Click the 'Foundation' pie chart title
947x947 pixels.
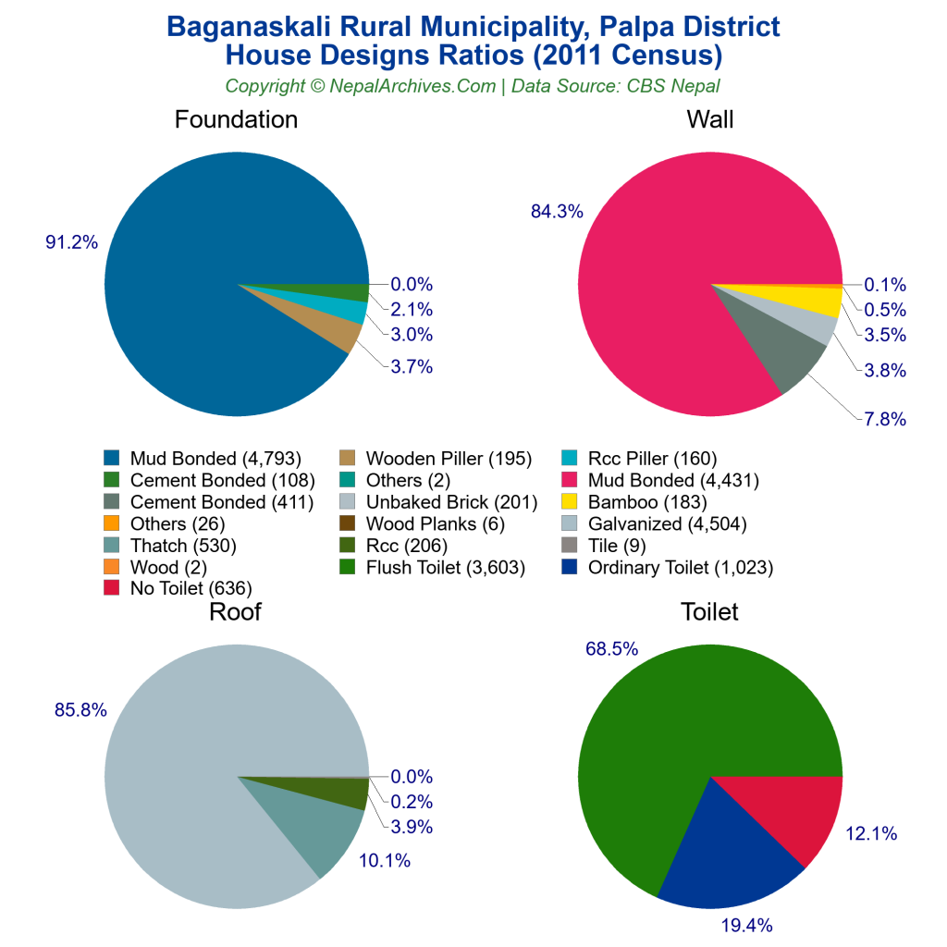[236, 120]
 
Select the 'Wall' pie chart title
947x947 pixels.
[709, 120]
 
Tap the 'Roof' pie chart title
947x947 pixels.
[235, 612]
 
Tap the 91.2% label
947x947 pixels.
[72, 242]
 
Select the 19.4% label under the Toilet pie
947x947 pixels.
[747, 925]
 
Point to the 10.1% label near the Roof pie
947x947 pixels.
[385, 861]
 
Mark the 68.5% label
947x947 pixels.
[611, 649]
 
